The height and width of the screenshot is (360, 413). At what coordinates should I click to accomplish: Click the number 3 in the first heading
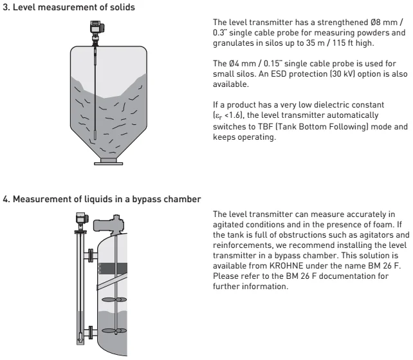(x=6, y=6)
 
